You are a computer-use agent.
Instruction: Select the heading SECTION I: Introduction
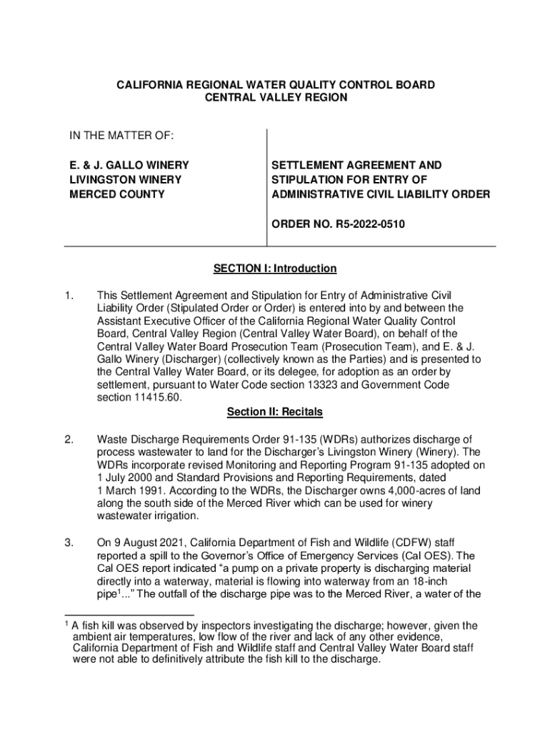[275, 268]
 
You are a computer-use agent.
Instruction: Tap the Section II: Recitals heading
[275, 412]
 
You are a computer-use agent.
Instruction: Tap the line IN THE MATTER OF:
[111, 136]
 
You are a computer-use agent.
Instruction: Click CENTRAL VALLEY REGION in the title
[276, 98]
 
